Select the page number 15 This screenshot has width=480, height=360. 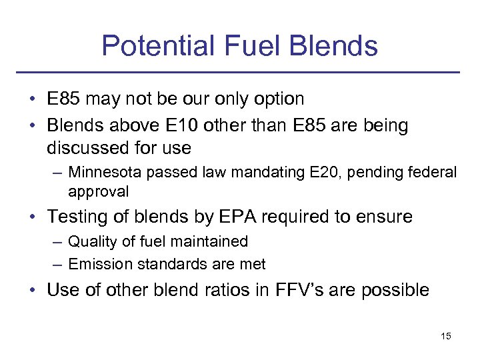click(446, 336)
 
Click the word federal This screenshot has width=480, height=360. click(433, 173)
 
